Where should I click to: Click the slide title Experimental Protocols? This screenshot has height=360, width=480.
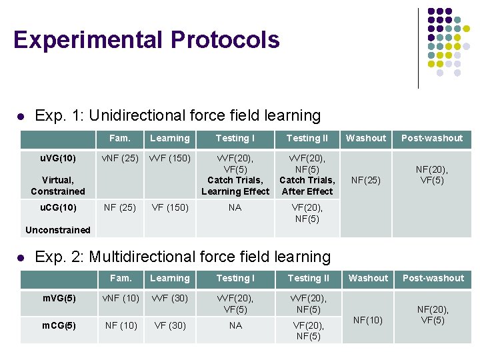click(146, 40)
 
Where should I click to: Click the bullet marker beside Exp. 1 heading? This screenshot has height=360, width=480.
click(21, 116)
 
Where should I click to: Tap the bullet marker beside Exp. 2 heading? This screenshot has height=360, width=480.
click(21, 257)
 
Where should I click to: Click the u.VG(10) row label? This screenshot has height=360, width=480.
click(57, 158)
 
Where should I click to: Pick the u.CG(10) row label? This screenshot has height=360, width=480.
click(57, 207)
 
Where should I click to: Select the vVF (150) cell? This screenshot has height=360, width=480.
click(169, 158)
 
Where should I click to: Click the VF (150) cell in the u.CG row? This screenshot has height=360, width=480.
click(169, 207)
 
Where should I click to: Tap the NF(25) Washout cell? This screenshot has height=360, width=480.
click(366, 180)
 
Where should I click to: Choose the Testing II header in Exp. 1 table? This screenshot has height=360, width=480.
click(307, 138)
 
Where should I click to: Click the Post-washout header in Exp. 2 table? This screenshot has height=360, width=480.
click(433, 278)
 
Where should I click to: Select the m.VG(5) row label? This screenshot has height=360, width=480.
click(59, 298)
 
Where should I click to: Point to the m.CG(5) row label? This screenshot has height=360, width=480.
click(59, 325)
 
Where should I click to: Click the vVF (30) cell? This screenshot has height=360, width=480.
click(169, 298)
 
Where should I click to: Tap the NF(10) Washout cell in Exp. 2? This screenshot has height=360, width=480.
click(367, 320)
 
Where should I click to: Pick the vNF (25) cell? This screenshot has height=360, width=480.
click(119, 158)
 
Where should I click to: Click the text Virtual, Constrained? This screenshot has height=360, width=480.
click(57, 185)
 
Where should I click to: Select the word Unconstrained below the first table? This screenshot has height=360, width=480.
click(57, 230)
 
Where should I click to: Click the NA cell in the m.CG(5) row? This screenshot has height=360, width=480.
click(235, 325)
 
